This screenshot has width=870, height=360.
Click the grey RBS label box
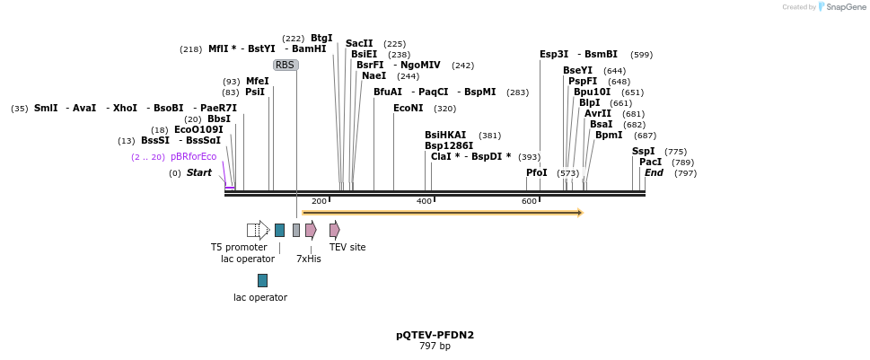click(285, 65)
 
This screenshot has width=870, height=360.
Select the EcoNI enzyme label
click(408, 109)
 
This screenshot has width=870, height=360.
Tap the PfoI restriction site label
click(537, 172)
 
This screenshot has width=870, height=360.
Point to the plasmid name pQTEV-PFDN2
click(435, 335)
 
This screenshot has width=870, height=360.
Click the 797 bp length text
click(435, 347)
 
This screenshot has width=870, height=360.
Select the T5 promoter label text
click(239, 247)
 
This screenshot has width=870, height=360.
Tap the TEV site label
click(347, 247)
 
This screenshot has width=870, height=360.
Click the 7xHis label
click(308, 259)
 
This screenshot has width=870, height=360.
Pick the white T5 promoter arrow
click(258, 230)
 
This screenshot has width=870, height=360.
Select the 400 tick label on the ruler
click(424, 201)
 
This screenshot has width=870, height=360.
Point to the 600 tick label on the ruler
click(529, 201)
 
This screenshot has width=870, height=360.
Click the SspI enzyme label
click(644, 151)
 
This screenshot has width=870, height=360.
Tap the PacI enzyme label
click(650, 162)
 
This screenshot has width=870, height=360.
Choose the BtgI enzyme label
click(321, 38)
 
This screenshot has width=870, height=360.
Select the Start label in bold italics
click(199, 172)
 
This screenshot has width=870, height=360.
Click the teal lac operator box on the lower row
click(262, 280)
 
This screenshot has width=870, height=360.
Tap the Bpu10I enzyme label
click(592, 92)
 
